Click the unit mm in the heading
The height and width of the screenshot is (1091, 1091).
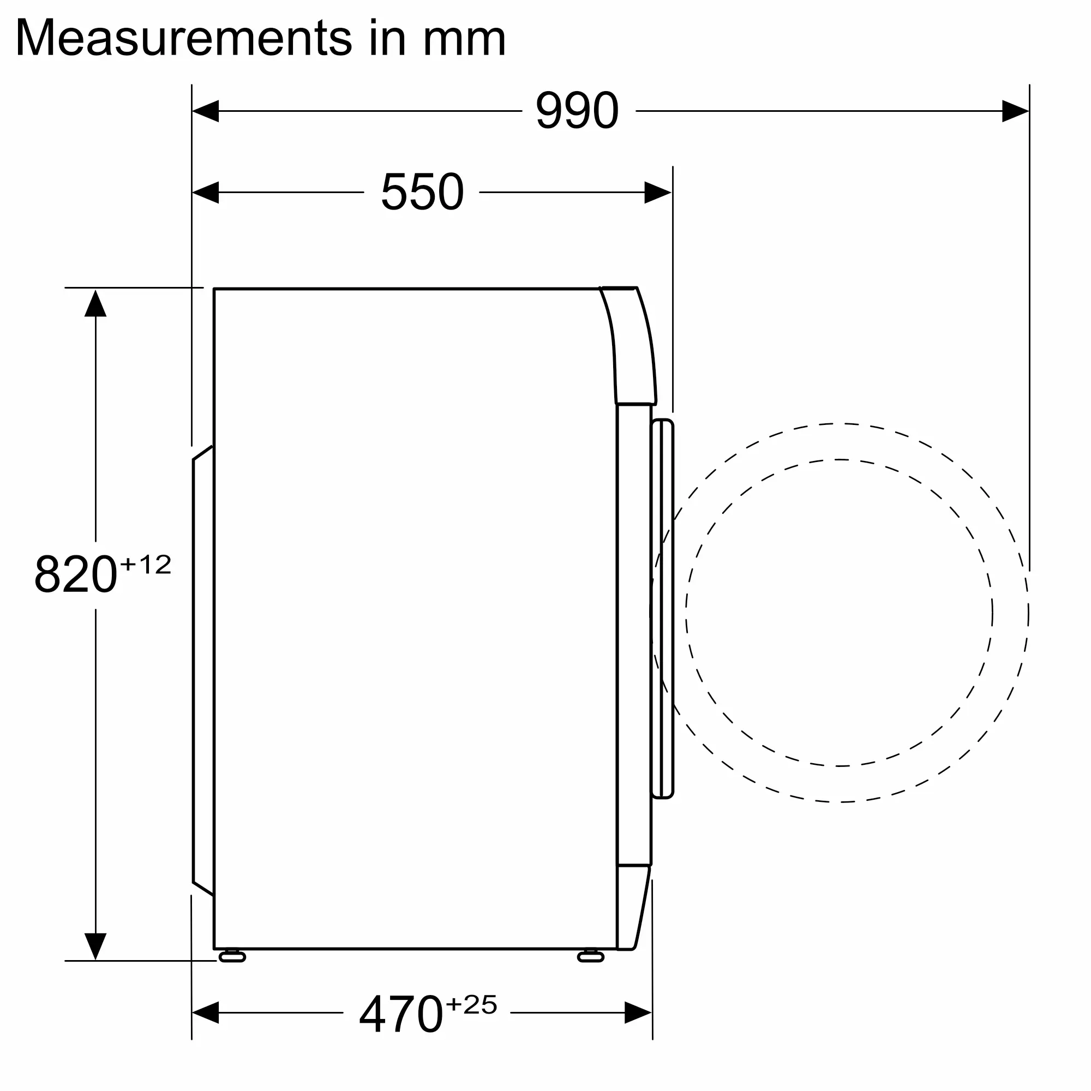click(x=464, y=41)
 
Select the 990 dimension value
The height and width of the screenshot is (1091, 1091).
click(x=577, y=110)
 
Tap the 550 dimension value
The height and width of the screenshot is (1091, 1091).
click(x=422, y=192)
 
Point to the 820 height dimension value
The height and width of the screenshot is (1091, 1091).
click(x=76, y=574)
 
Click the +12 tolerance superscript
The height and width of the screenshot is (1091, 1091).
click(x=146, y=564)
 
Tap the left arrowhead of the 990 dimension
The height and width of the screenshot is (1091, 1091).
click(x=205, y=111)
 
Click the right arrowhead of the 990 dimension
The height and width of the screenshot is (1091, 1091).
click(x=1015, y=111)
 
